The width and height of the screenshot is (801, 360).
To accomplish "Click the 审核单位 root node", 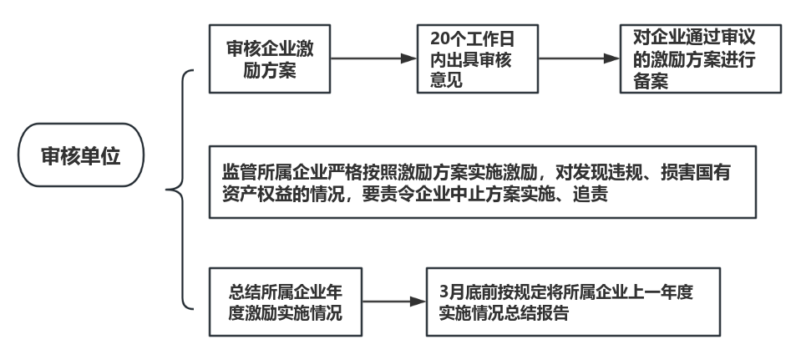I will coord(80,156).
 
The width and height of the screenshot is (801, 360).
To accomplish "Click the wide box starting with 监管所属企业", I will coord(482,182).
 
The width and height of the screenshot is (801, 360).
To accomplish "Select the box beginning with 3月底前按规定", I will coord(573,302).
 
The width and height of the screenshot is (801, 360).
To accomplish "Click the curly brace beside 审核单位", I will coord(180,190).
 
